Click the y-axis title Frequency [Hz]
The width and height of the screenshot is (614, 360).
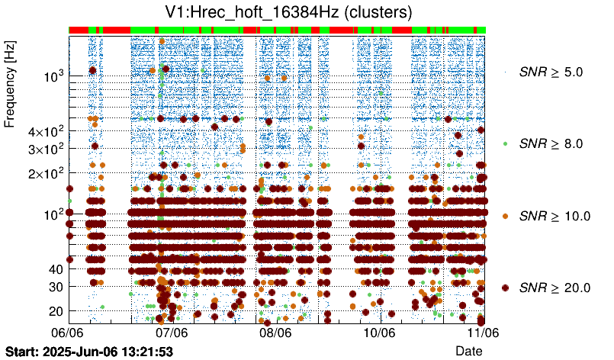(x=10, y=84)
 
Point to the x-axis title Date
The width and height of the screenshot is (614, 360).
(x=468, y=350)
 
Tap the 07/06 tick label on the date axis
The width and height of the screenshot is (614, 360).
(x=172, y=333)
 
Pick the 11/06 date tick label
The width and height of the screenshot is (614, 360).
(x=483, y=333)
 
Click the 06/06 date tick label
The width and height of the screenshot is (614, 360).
(x=67, y=333)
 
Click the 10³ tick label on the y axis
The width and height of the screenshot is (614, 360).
(x=53, y=76)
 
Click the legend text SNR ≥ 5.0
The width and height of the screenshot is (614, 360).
(x=550, y=72)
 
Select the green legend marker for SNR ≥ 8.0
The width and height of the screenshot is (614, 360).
(x=505, y=143)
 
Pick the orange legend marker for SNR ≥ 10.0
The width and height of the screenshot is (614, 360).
(x=505, y=216)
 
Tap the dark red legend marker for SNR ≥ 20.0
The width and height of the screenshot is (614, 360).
(x=505, y=288)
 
